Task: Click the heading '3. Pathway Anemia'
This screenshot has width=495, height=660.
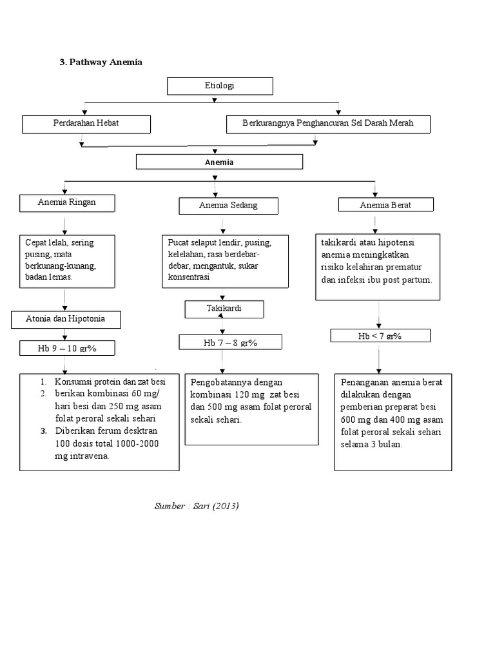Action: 101,62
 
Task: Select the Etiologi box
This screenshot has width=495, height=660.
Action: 220,86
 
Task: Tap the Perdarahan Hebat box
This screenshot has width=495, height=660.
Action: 86,123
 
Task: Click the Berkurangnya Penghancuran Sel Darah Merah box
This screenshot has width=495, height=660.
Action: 328,123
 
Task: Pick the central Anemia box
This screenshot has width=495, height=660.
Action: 219,162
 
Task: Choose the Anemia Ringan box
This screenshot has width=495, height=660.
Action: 67,202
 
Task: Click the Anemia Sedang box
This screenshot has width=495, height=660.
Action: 228,206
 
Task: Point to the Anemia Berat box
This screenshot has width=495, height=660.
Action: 385,205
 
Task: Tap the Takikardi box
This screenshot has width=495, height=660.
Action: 224,309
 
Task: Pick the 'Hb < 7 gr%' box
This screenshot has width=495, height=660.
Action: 380,336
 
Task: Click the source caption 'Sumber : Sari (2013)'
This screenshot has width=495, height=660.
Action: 197,506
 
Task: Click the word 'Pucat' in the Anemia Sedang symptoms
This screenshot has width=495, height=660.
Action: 179,243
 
